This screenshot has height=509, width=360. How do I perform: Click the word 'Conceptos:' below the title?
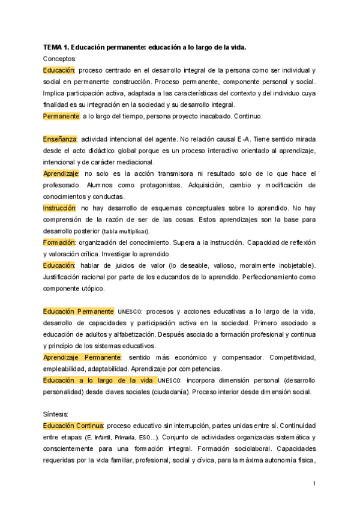click(x=60, y=59)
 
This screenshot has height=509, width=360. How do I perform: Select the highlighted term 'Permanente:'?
click(x=61, y=116)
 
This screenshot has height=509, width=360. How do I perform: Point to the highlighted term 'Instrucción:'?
click(x=59, y=208)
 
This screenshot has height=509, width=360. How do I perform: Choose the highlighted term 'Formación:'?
click(x=59, y=242)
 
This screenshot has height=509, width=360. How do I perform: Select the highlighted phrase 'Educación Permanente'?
click(x=79, y=312)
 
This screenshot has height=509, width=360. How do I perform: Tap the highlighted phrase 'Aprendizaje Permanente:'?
click(x=83, y=358)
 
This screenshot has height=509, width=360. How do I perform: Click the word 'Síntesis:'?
click(x=56, y=415)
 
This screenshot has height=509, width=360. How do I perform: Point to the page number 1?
click(x=314, y=483)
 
